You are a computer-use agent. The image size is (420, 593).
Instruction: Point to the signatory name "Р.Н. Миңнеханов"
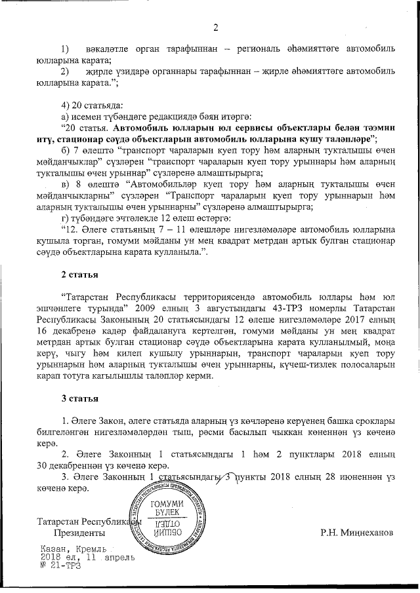[x=358, y=533]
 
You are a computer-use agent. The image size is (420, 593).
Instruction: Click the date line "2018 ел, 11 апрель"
[x=79, y=557]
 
